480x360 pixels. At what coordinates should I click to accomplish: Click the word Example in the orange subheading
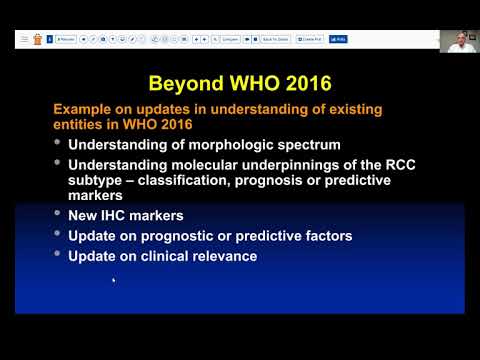pos(82,105)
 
